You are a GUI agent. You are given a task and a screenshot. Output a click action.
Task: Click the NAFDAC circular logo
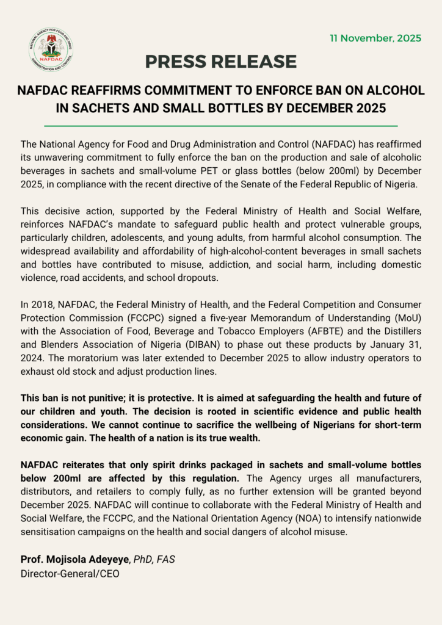pos(51,49)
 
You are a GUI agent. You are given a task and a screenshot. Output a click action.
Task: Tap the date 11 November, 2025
pos(375,38)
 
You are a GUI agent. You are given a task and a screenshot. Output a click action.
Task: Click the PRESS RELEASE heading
pos(221,62)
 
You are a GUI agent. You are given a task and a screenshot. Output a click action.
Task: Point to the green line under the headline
pos(221,126)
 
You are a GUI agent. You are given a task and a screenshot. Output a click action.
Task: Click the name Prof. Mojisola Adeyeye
pos(74,559)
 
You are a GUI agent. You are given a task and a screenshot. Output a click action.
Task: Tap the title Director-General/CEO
pos(70,574)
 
